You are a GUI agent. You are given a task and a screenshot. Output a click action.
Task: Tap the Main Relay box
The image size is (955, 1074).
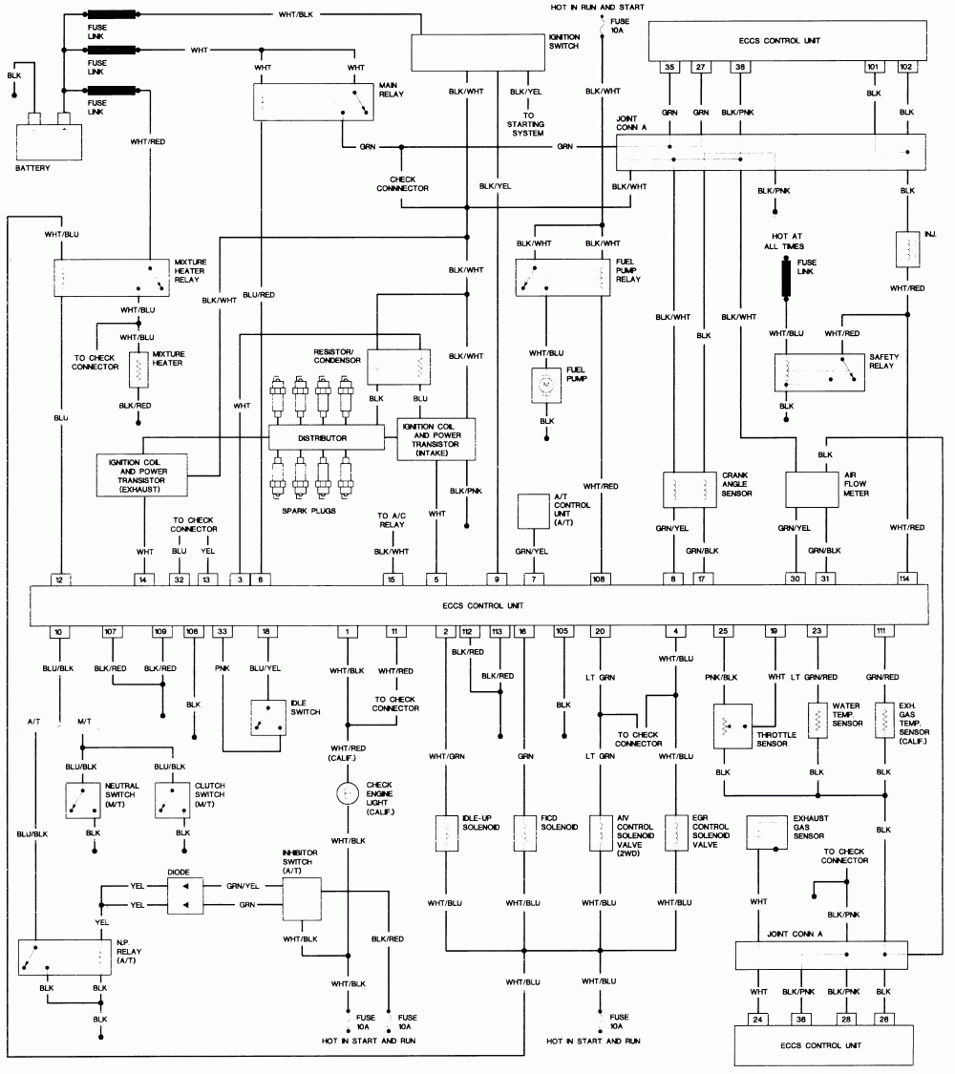coord(313,101)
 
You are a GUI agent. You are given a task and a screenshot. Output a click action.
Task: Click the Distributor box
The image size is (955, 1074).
coord(326,438)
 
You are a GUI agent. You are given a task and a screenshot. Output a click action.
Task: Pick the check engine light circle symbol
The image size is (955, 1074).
coord(348,792)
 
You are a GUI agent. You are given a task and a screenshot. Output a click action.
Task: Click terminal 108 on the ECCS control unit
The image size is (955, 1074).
coord(600,579)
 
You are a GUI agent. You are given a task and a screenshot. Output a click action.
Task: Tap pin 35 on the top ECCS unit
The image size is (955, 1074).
coord(672,68)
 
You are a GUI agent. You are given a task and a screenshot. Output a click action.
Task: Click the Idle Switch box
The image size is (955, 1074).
coord(268,718)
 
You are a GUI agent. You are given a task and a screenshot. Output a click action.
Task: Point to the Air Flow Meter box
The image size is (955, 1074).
coord(812,488)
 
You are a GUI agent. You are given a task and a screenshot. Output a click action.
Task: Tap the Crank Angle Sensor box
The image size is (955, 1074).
coord(690,488)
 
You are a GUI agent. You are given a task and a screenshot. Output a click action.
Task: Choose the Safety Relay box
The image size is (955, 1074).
coord(818,372)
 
